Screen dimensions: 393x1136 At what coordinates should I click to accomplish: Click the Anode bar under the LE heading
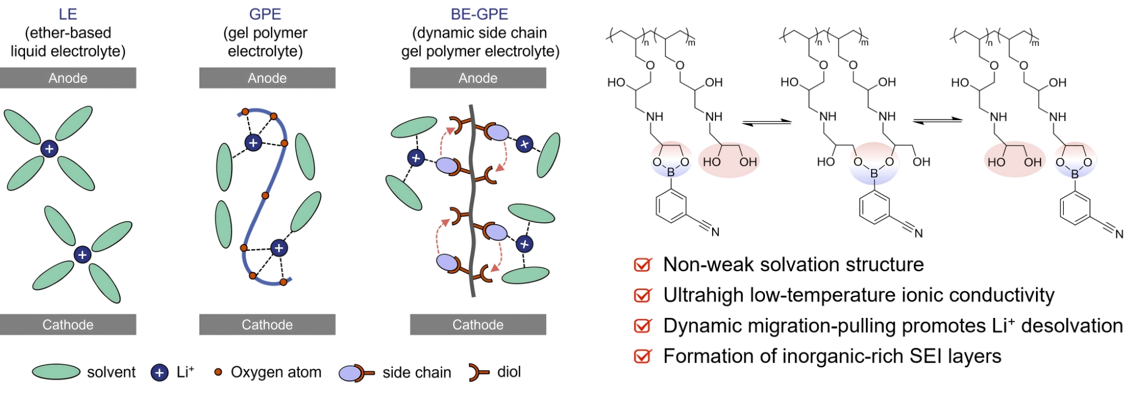(x=68, y=78)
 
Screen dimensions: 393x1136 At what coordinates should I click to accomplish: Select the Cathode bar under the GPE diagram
(x=267, y=325)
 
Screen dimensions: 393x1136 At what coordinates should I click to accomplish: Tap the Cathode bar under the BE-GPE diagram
(x=478, y=325)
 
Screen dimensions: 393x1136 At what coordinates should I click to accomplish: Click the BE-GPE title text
(x=479, y=14)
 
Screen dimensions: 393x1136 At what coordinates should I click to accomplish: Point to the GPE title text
(x=265, y=14)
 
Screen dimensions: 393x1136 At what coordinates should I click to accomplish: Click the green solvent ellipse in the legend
(x=56, y=372)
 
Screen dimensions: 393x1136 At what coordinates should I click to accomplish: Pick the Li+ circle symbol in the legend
(x=159, y=372)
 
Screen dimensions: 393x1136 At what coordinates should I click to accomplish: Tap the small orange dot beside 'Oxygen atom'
(x=218, y=372)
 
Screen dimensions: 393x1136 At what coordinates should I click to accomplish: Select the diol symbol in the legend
(x=478, y=372)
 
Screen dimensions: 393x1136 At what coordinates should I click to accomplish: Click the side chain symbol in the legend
(x=356, y=373)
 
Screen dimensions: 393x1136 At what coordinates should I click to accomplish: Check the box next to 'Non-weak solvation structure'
(x=642, y=265)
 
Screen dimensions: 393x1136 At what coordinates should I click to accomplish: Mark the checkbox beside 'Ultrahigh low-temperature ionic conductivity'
(x=642, y=295)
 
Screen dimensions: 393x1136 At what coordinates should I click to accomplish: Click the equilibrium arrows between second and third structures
(x=937, y=121)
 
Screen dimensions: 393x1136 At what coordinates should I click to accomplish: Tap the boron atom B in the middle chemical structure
(x=874, y=173)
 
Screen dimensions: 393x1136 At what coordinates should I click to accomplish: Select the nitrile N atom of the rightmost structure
(x=1119, y=234)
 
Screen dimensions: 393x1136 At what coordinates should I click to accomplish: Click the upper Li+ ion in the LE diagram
(x=49, y=148)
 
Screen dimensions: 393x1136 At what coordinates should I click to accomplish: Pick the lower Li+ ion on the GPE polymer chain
(x=279, y=248)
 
